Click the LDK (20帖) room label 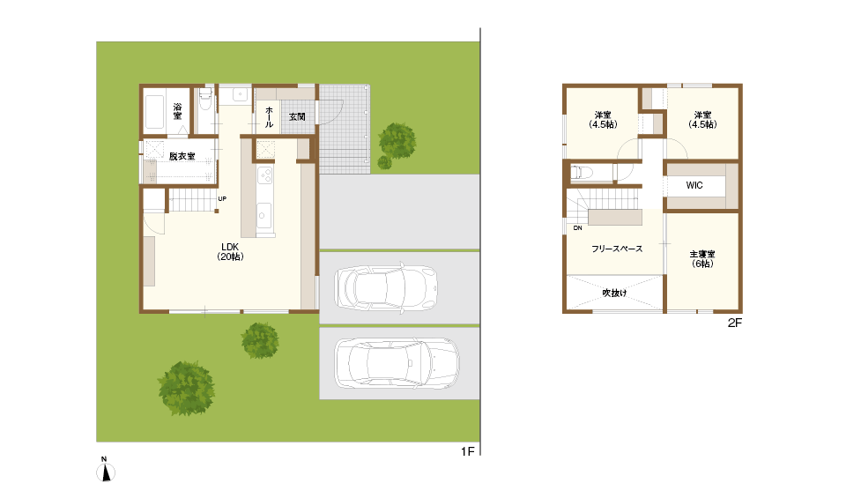click(230, 252)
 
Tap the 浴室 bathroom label click(177, 111)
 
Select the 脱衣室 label click(182, 156)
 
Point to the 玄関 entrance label click(297, 116)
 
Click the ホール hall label click(270, 117)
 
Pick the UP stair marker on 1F click(222, 198)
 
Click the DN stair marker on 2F click(578, 227)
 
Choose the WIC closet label click(694, 185)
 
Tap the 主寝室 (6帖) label click(702, 259)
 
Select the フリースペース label click(617, 249)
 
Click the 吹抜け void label click(614, 293)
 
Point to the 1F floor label click(468, 451)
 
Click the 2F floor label click(735, 323)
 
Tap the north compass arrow click(107, 473)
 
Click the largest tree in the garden click(186, 388)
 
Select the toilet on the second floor click(582, 173)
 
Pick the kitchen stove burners click(264, 175)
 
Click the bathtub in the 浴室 click(154, 112)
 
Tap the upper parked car click(386, 287)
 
